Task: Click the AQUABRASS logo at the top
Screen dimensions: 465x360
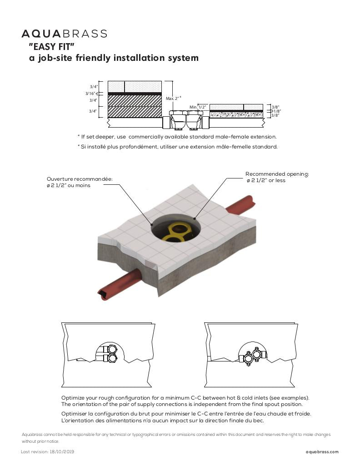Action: tap(64, 34)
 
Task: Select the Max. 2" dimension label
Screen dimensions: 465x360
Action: tap(173, 98)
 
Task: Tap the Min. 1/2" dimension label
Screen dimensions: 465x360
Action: tap(198, 107)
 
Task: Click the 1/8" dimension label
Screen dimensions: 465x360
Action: tap(275, 111)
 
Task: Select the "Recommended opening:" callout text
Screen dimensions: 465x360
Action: tap(277, 174)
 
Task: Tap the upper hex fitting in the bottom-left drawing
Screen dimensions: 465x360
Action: tap(112, 350)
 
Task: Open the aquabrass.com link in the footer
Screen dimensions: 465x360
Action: tap(322, 452)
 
